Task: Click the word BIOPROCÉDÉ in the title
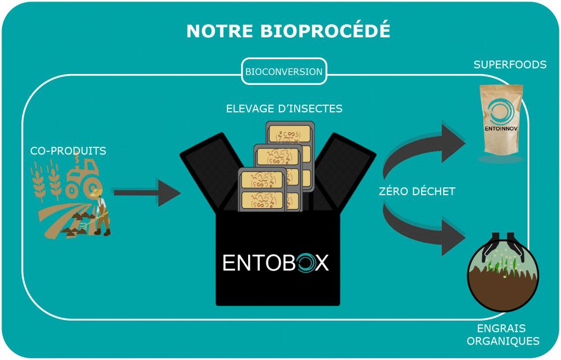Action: point(325,30)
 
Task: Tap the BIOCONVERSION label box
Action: point(284,72)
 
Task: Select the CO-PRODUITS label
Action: point(68,151)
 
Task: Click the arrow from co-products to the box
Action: point(147,192)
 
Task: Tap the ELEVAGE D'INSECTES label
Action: point(284,108)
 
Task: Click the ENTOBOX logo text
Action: point(276,263)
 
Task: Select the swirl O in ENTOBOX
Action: point(305,263)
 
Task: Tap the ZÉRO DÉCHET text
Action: point(417,191)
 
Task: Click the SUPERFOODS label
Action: point(510,65)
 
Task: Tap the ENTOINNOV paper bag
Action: point(501,120)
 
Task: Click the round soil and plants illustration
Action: point(503,274)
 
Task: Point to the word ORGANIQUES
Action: point(503,341)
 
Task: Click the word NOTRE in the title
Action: point(220,31)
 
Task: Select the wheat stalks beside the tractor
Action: point(47,181)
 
